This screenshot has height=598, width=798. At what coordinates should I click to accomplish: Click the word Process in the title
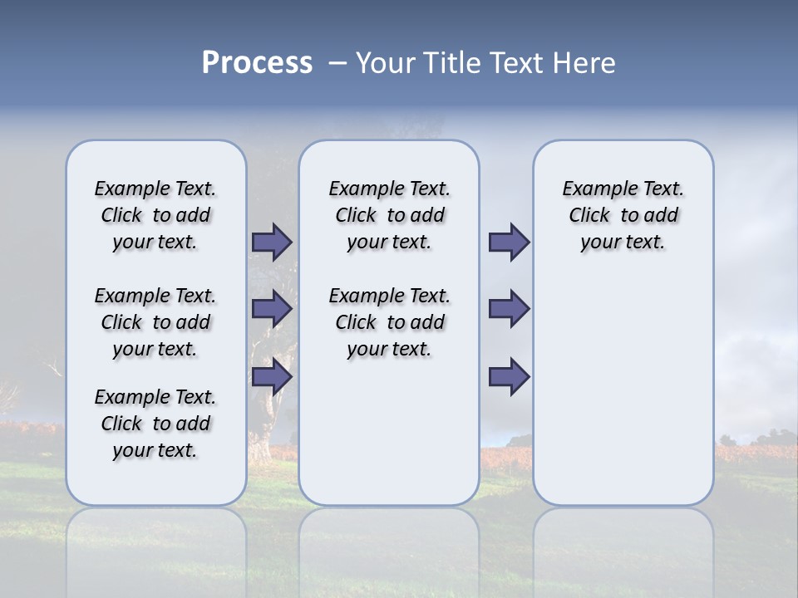coord(257,63)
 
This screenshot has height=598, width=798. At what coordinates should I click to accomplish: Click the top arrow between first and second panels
coord(272,242)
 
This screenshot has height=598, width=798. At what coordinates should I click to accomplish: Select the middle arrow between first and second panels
coord(272,309)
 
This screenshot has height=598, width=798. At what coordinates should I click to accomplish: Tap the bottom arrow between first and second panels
coord(272,376)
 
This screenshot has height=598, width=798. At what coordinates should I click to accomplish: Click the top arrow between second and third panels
coord(509,242)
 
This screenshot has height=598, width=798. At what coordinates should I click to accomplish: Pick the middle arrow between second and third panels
coord(509,309)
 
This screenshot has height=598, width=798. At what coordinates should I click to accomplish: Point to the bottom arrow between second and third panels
coord(509,376)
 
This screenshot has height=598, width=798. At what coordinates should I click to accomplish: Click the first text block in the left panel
coord(155,215)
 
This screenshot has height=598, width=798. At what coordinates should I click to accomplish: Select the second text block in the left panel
coord(155,322)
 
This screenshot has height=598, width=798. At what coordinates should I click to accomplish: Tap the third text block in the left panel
coord(155,424)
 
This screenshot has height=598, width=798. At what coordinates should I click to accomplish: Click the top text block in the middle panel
coord(389,215)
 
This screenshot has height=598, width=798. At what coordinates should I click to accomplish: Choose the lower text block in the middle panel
coord(389,322)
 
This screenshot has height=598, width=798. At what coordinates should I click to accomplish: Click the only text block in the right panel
coord(623,215)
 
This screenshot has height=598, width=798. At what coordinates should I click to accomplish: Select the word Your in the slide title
coord(385,63)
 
